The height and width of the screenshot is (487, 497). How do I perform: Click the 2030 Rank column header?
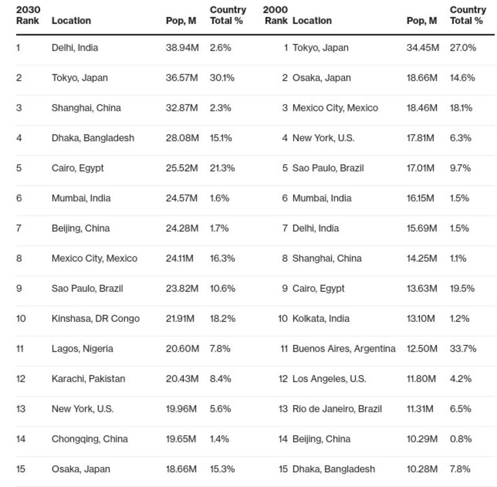[x=28, y=15]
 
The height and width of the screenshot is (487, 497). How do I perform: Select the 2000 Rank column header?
[x=276, y=15]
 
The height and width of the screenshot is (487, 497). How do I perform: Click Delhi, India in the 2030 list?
[x=75, y=47]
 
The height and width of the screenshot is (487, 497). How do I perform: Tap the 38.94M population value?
[x=182, y=47]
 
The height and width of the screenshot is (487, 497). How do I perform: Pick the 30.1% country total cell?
[x=222, y=78]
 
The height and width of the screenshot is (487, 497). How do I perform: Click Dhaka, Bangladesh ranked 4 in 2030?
[x=93, y=138]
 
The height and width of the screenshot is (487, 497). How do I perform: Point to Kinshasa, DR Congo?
[x=96, y=319]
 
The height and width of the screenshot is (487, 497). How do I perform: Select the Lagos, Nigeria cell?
[x=82, y=348]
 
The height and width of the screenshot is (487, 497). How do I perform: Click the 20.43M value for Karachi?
[x=182, y=379]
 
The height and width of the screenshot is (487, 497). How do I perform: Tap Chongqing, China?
[x=90, y=439]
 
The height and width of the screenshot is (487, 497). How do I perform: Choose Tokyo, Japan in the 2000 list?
[x=321, y=47]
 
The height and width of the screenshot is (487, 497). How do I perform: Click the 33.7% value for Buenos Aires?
[x=463, y=348]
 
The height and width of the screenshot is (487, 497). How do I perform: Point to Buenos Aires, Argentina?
[x=344, y=348]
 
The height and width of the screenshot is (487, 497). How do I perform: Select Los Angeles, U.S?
[x=329, y=379]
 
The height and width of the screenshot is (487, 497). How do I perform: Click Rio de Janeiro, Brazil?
[x=337, y=409]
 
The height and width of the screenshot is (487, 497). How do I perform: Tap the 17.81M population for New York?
[x=422, y=138]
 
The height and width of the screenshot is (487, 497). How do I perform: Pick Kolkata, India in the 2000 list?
[x=321, y=319]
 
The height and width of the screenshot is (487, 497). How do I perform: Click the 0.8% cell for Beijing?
[x=461, y=439]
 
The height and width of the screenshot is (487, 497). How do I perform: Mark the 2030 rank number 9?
[x=19, y=288]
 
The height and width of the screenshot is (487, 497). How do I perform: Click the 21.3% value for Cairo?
[x=222, y=168]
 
